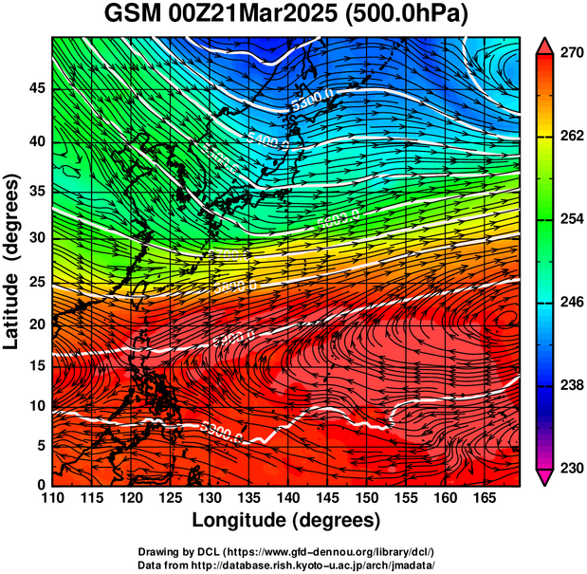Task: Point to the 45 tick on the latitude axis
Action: pos(36,89)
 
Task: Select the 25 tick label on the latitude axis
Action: pos(36,283)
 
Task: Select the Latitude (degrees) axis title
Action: pos(12,261)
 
